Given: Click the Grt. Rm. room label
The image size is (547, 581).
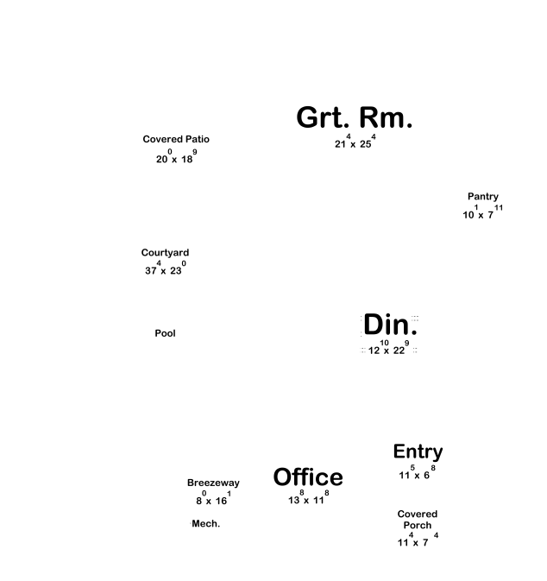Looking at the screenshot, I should pos(355,118).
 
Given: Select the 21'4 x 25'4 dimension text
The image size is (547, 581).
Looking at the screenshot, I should pos(355,142).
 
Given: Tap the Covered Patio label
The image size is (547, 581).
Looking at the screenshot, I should pos(176,139).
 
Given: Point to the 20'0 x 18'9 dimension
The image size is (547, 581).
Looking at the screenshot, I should pos(176,158).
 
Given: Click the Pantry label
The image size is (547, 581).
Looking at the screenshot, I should pos(483,197).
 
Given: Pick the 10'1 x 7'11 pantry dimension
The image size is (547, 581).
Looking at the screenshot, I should pos(482,213).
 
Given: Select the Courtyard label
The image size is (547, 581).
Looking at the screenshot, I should pos(165,253).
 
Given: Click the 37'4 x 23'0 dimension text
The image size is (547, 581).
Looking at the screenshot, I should pos(165,269).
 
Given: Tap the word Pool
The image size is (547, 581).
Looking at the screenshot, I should pos(165,333).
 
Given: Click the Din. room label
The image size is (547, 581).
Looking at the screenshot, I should pos(390,325).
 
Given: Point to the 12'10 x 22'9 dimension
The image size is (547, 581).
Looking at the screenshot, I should pos(388,349).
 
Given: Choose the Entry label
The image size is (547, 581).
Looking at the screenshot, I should pos(418,452).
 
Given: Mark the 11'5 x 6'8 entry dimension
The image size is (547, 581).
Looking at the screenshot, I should pos(417,474).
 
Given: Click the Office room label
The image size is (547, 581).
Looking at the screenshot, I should pos(308,477).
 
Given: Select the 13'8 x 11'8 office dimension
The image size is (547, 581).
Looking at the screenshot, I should pos(308,499).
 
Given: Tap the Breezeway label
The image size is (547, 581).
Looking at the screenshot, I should pos(213,483).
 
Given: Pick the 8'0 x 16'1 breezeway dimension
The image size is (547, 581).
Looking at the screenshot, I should pos(212,500).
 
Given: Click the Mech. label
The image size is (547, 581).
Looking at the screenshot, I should pos(205,524).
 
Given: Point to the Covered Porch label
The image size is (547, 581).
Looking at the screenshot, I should pos(418,520).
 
